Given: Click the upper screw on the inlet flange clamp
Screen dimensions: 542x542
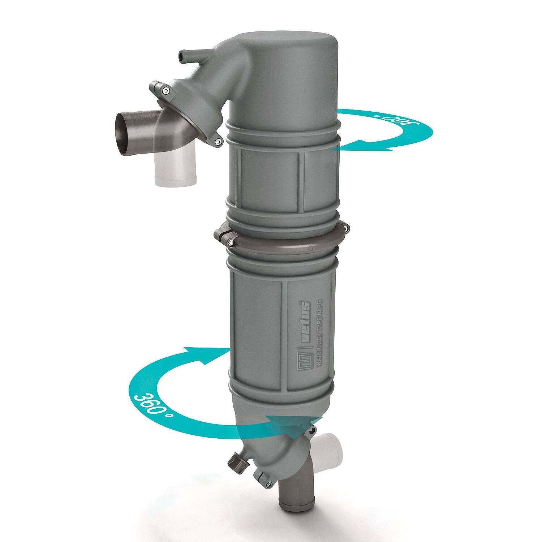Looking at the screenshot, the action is click(x=165, y=91).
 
